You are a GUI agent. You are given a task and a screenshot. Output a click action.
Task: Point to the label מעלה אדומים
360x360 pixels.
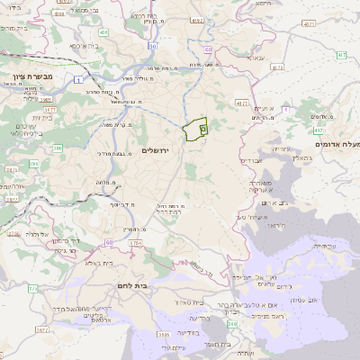(337, 144)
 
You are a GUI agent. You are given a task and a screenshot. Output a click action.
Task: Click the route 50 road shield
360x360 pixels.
(153, 46)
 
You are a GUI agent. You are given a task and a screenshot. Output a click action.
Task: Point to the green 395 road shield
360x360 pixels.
(34, 164)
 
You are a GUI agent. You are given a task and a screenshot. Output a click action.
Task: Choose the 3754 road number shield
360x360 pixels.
(135, 243)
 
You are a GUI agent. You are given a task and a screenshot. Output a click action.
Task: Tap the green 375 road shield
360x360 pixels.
(32, 289)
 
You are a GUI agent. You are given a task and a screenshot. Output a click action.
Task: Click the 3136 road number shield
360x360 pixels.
(164, 335)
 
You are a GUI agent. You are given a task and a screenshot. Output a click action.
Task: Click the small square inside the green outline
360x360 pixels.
(202, 130)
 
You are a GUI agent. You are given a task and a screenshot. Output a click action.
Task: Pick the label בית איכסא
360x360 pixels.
(78, 44)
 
